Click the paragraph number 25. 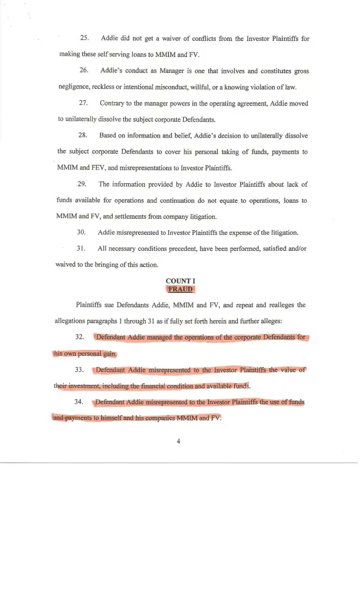point(84,39)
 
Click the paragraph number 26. point(84,71)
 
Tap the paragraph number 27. point(84,103)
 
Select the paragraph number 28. point(84,136)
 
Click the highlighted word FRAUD point(180,289)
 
